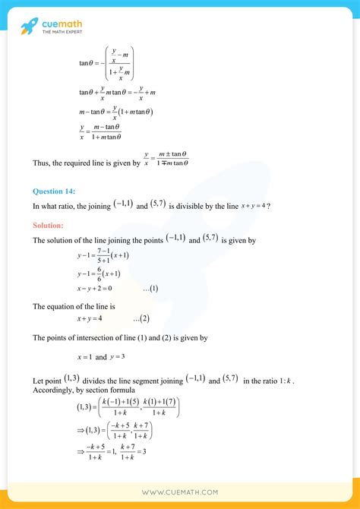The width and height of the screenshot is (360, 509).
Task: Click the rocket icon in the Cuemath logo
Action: point(30,27)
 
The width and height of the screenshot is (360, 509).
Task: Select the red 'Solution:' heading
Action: point(48,225)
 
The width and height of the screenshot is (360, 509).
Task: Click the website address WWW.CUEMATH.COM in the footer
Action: point(180,492)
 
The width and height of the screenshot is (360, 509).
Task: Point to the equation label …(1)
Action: point(150,289)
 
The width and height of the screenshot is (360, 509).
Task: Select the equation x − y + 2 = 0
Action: point(94,289)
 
